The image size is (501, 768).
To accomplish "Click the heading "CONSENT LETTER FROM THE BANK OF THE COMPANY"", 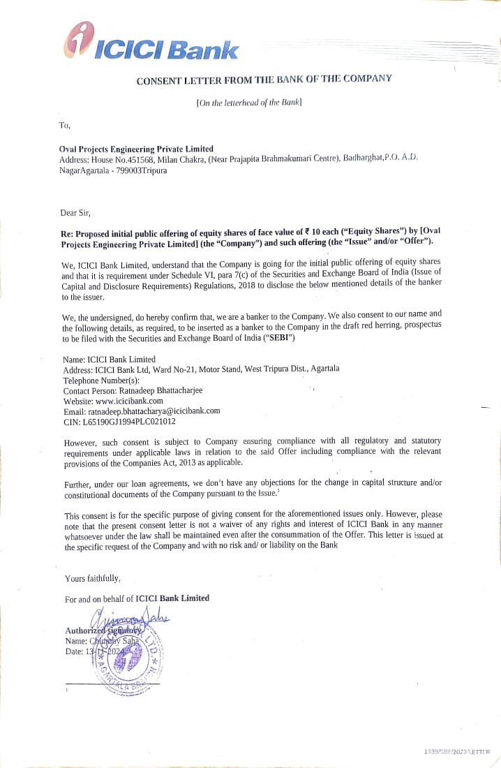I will tap(264, 80).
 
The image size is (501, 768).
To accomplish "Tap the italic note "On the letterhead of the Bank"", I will tap(250, 103).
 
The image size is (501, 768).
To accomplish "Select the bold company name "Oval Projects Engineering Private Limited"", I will tap(137, 149).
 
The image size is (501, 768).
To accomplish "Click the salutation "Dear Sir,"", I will tap(75, 212).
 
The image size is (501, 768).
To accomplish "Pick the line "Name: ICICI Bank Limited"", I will tap(109, 359).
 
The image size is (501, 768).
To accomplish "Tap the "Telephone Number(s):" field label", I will tap(101, 381).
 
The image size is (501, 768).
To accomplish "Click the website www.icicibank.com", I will tap(129, 401).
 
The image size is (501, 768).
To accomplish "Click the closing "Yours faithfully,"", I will tap(93, 578).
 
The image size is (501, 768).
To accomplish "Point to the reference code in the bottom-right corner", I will tap(457, 751).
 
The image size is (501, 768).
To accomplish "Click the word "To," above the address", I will tap(65, 126).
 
